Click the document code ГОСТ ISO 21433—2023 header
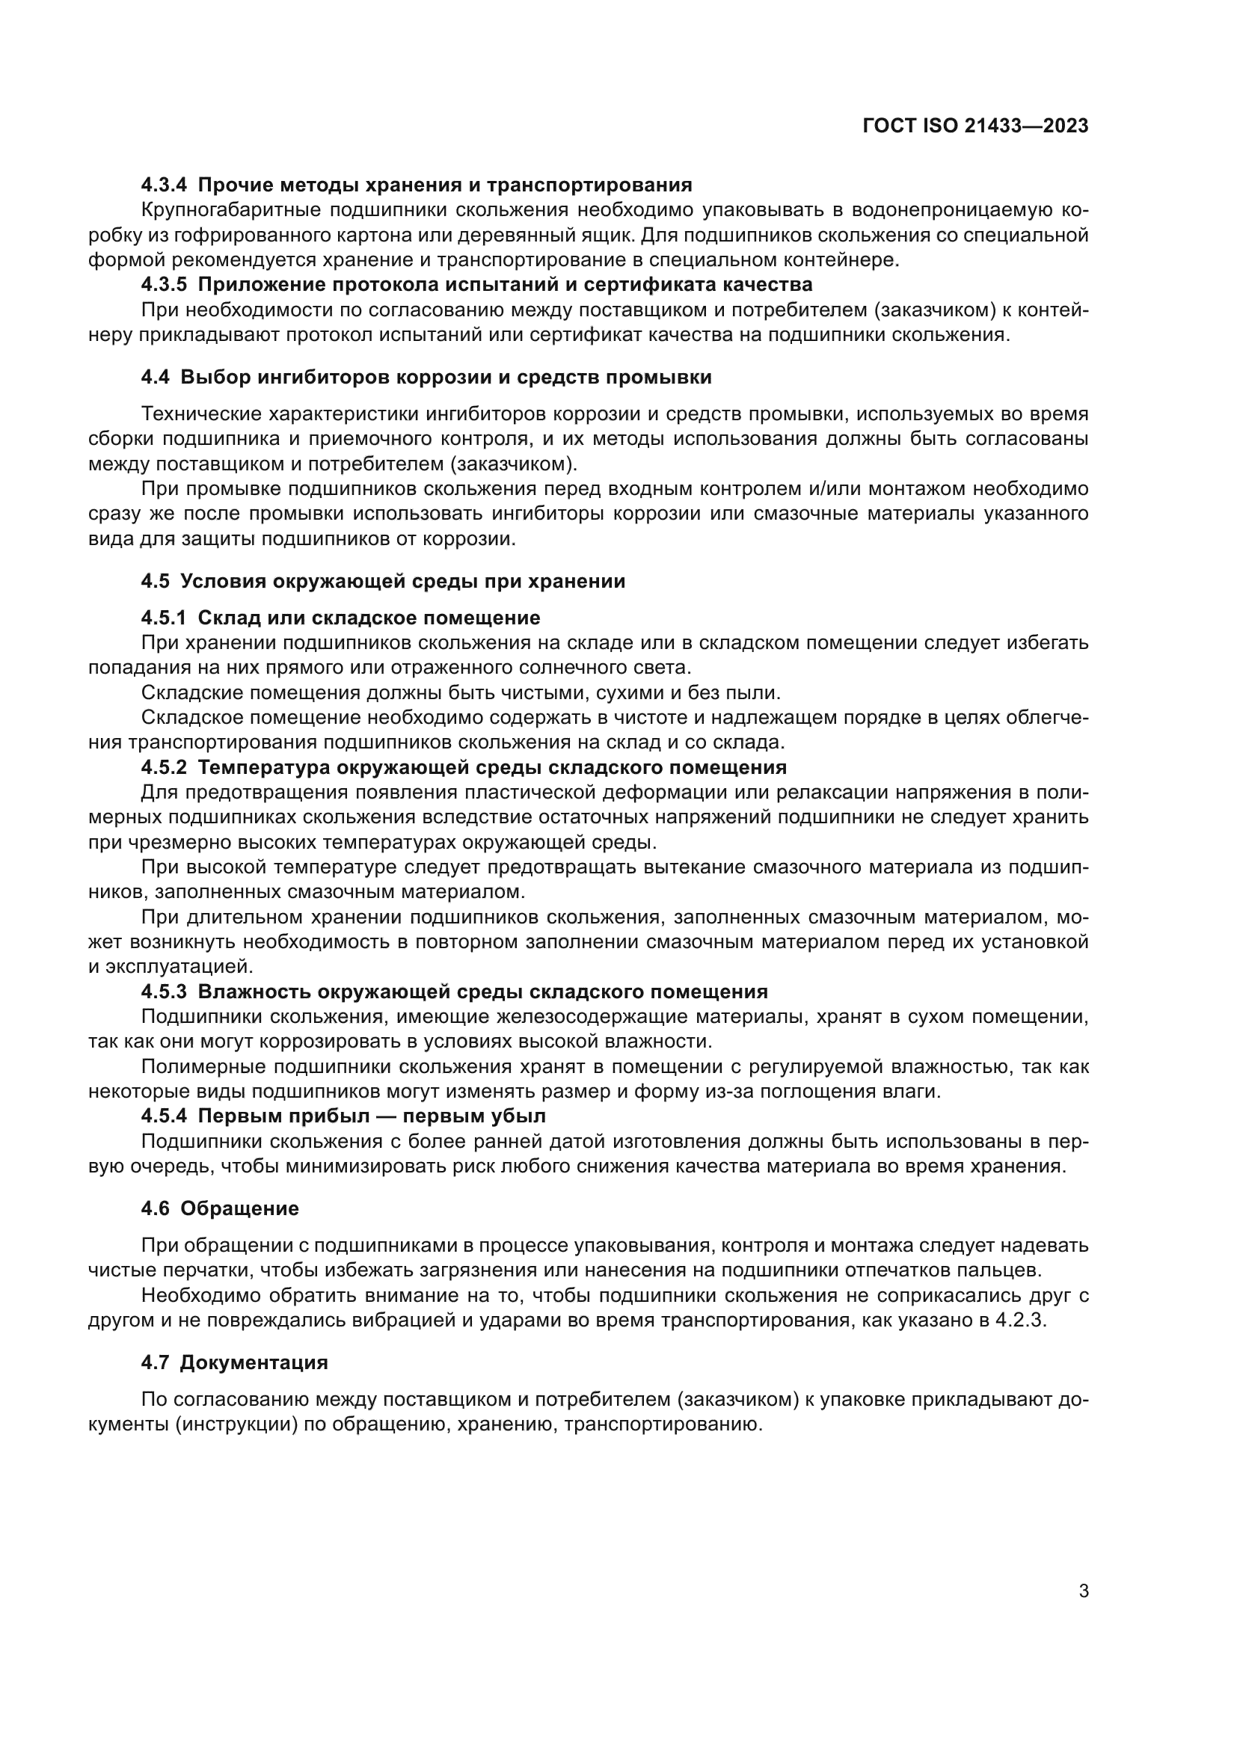click(975, 126)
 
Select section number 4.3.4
click(164, 185)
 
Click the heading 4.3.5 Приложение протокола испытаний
click(476, 285)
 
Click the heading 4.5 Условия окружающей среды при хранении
click(382, 581)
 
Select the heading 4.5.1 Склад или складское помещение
click(340, 618)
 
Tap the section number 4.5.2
click(164, 767)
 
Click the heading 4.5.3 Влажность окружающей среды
click(454, 992)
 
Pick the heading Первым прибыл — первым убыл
click(372, 1116)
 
